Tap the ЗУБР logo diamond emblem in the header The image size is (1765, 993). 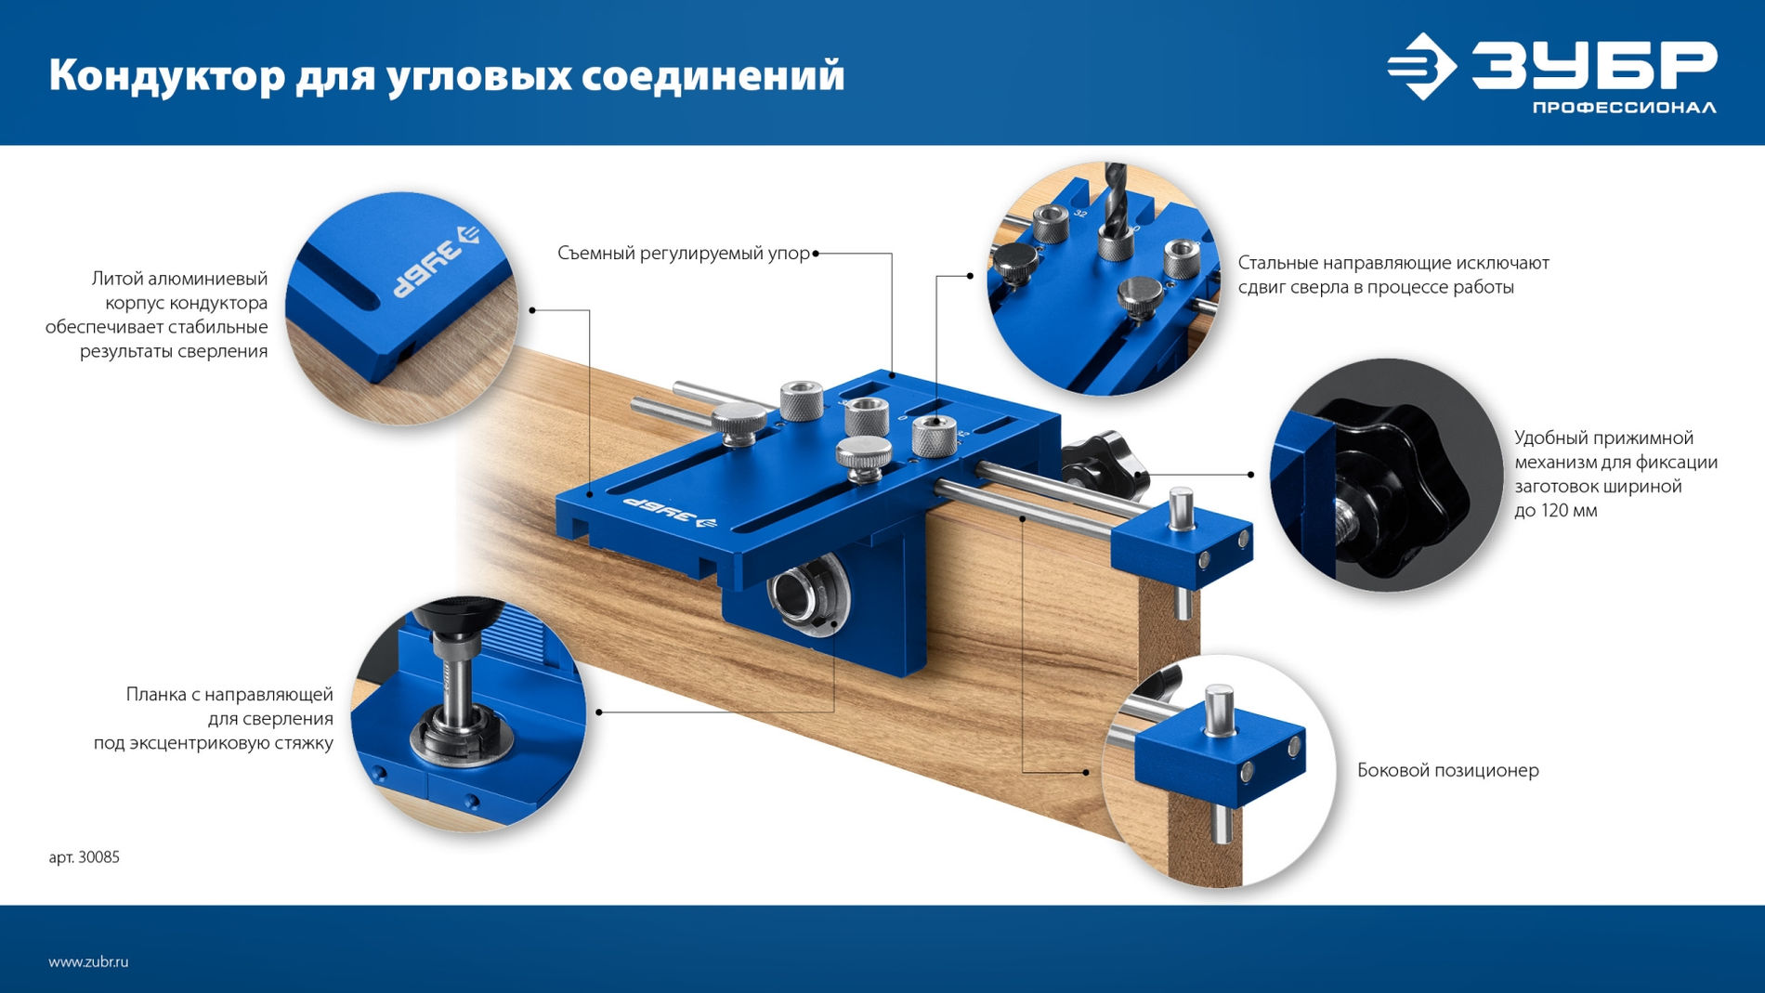1421,66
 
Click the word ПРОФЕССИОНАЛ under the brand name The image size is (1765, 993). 1624,108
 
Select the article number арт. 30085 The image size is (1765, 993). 84,857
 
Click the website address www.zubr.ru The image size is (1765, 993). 88,962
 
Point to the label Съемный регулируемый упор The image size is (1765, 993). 684,253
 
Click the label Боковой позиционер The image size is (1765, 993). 1447,770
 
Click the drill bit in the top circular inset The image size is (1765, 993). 1115,200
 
